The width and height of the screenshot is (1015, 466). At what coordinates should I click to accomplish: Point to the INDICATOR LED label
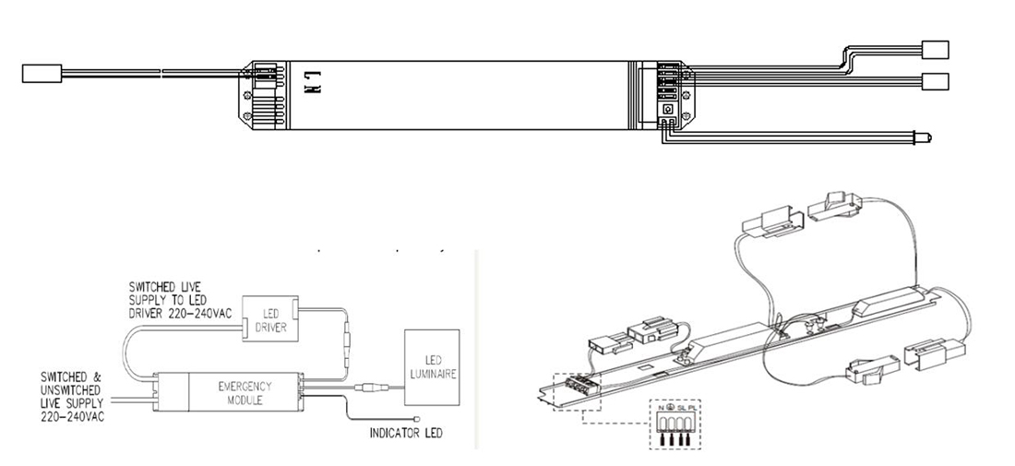406,433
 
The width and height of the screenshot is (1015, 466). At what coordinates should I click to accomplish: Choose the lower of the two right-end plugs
934,80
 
